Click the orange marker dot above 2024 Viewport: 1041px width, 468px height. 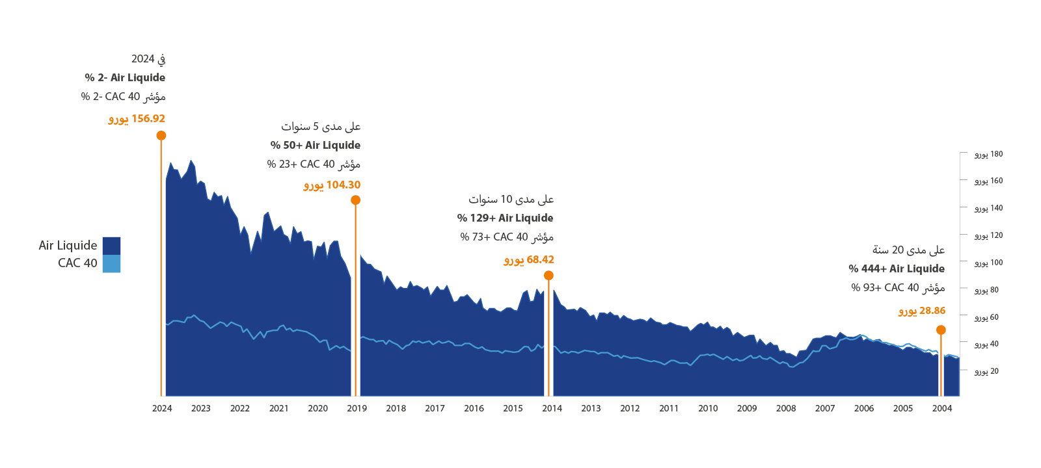(x=161, y=135)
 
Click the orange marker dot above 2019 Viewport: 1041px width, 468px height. (x=355, y=200)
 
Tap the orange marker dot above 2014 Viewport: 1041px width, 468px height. (x=548, y=276)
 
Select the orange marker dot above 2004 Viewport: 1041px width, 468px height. (x=941, y=330)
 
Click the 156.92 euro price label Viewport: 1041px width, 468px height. (x=137, y=119)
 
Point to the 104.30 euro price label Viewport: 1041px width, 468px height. (x=332, y=185)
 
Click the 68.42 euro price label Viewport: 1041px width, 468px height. (x=529, y=260)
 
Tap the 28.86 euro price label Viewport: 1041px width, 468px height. (x=922, y=311)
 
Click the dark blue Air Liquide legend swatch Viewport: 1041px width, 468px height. (x=111, y=246)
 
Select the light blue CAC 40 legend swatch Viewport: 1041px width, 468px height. (x=111, y=263)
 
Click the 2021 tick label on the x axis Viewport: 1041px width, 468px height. (x=278, y=409)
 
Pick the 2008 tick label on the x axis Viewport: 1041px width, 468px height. (x=786, y=409)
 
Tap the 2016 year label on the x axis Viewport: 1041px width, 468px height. (x=474, y=409)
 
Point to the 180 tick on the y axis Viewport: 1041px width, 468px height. (x=988, y=155)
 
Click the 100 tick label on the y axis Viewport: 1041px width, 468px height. (x=988, y=263)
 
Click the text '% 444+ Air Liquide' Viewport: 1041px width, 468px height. (x=897, y=269)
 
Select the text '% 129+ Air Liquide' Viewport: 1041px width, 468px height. (x=505, y=218)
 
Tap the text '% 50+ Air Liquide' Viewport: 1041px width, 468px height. (x=316, y=146)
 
